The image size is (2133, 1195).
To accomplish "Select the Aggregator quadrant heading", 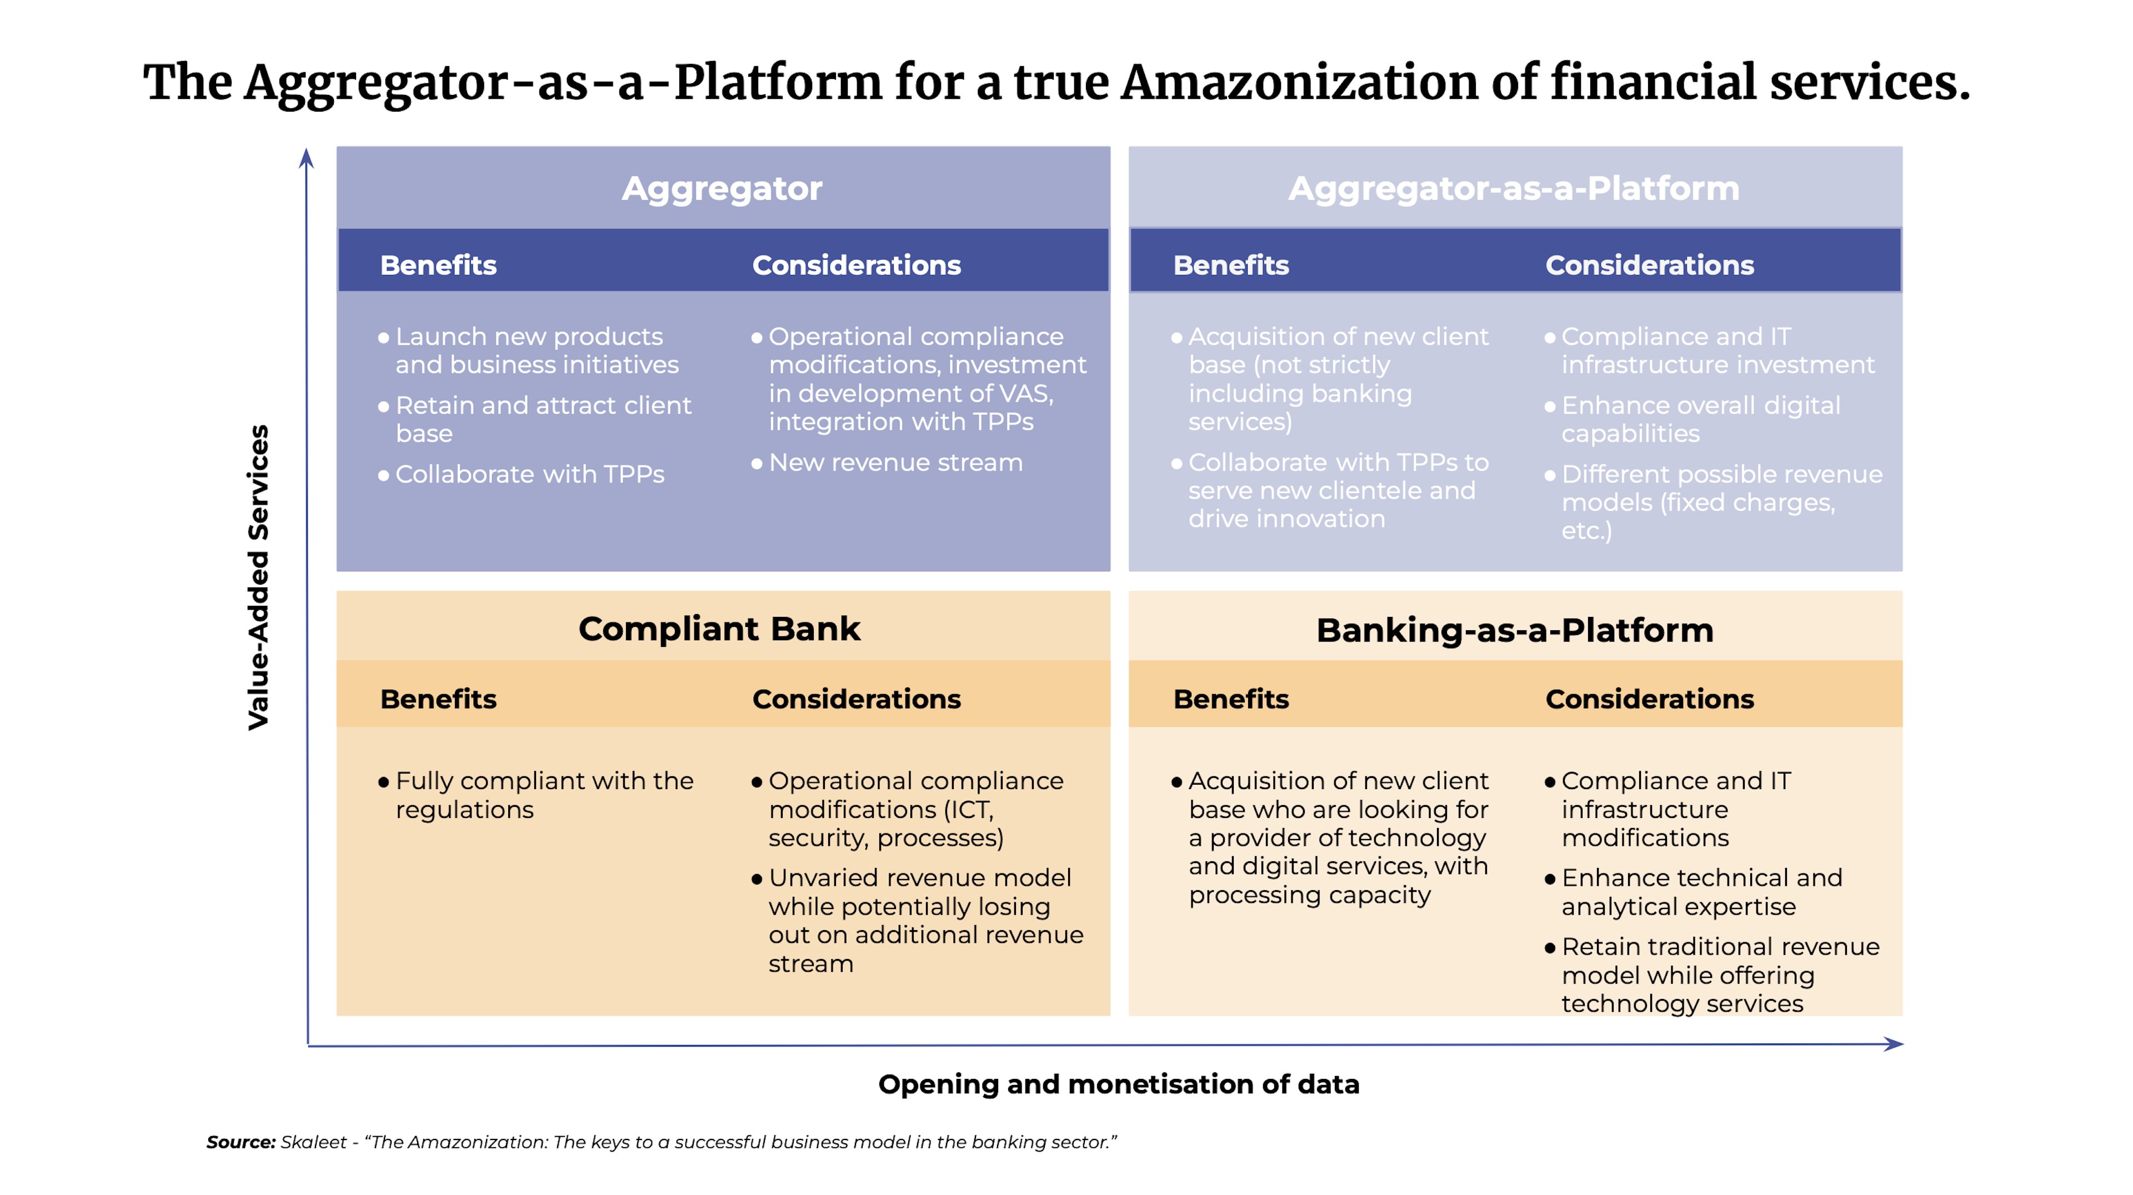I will [x=722, y=189].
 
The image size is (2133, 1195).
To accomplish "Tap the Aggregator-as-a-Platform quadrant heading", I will [x=1514, y=189].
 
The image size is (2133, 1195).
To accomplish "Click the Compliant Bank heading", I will [x=719, y=629].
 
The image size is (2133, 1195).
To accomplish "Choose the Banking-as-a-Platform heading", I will [x=1514, y=631].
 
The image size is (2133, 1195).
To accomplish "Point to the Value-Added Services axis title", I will [x=258, y=577].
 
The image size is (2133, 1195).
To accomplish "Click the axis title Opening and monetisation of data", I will [x=1118, y=1083].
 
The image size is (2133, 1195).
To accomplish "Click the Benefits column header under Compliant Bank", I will [x=438, y=699].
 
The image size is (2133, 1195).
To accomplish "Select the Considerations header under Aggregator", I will [x=856, y=265].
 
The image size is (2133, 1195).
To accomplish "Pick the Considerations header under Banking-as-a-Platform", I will [x=1649, y=699].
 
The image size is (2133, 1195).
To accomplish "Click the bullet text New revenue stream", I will [x=895, y=463].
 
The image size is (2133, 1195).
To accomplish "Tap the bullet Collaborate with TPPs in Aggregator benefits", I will [x=529, y=474].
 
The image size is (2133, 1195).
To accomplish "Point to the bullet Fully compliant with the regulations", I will [x=543, y=795].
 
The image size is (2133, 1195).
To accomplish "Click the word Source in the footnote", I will [x=240, y=1142].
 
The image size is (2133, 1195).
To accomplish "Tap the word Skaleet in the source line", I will [x=313, y=1142].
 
